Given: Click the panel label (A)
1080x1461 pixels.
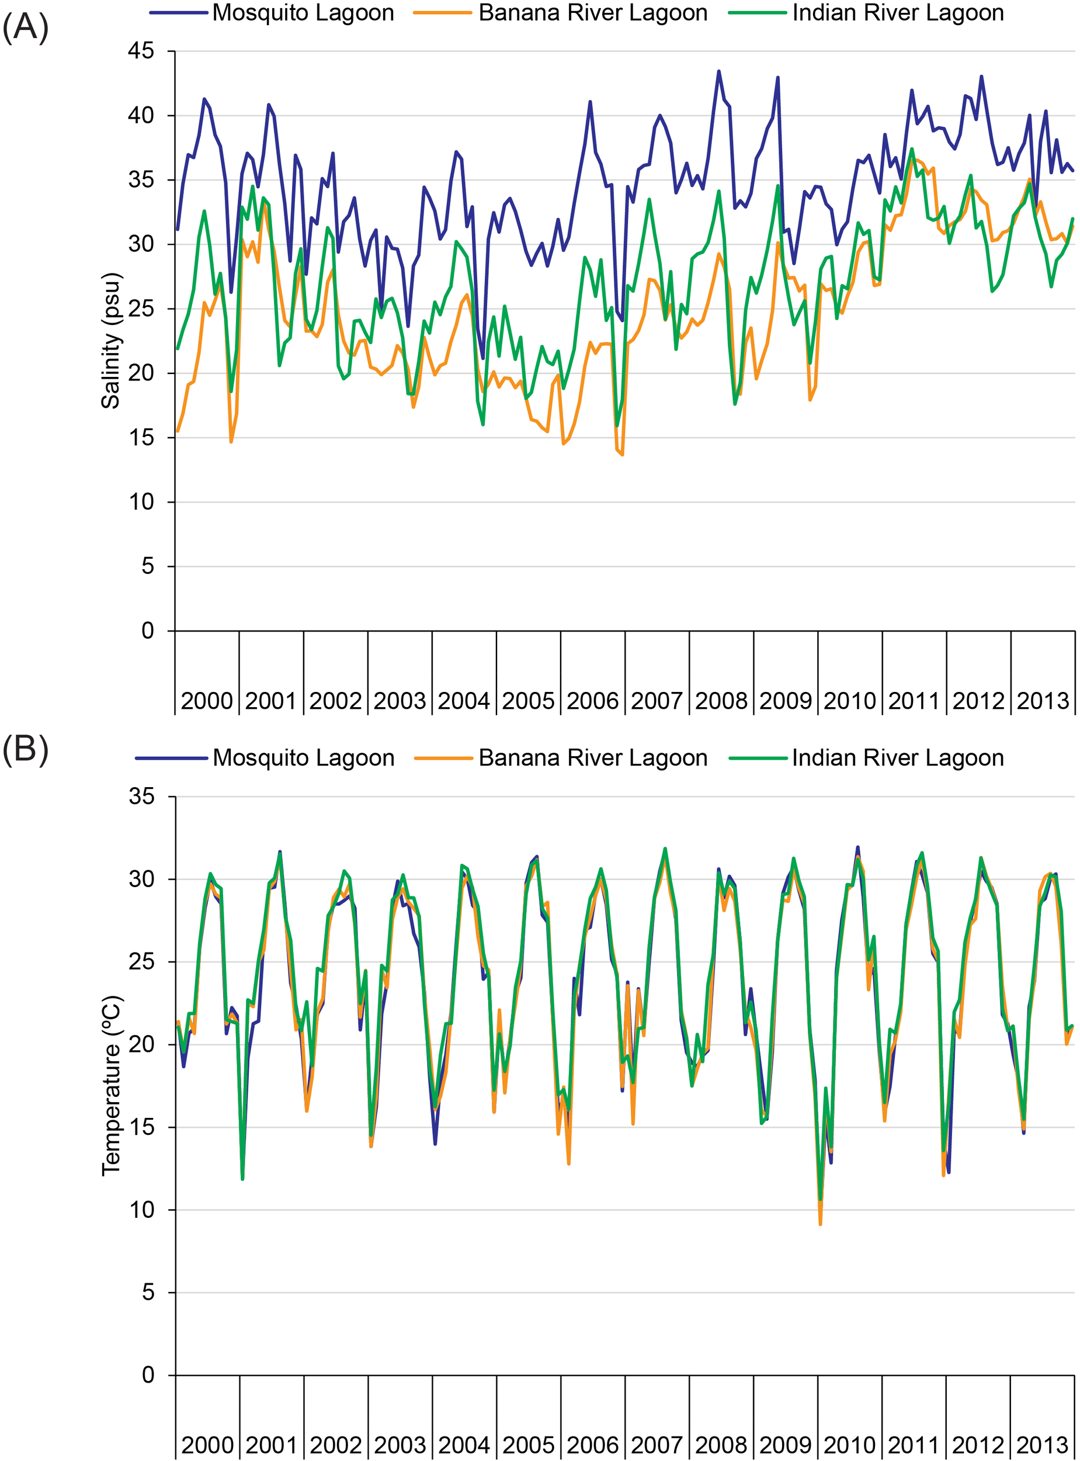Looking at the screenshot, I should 26,29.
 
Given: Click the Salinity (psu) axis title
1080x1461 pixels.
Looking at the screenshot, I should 110,341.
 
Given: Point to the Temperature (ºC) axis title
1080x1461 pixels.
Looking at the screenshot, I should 110,1086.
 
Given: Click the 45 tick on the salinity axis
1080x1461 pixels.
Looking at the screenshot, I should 141,50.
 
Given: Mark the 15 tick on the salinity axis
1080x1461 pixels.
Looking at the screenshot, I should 141,438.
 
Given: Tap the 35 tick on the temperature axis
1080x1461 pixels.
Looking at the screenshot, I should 141,797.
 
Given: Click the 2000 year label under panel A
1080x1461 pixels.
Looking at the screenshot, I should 207,701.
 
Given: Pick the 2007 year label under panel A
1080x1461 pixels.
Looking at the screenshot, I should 657,701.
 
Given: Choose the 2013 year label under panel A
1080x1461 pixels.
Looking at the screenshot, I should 1042,701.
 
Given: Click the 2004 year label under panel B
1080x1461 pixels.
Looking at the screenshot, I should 464,1444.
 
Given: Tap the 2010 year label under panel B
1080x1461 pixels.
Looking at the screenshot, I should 849,1444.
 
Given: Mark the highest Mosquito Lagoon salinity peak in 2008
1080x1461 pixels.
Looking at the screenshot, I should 718,71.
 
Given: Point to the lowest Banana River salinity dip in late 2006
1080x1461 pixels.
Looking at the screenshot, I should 621,455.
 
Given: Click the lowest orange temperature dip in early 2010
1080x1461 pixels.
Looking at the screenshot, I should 820,1224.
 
